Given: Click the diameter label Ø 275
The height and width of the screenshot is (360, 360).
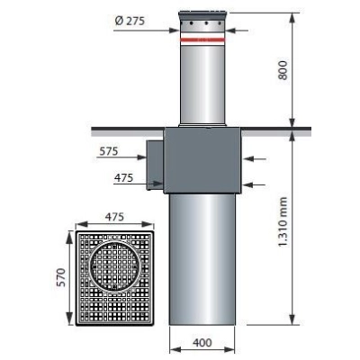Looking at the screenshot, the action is (x=130, y=21).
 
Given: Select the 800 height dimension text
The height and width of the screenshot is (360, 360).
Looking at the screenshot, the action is (x=283, y=70).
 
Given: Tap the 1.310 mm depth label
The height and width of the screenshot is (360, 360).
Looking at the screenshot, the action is (x=283, y=221).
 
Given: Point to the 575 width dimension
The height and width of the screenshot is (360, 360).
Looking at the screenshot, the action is (x=109, y=151).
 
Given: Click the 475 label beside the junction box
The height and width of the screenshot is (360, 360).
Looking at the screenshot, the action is (x=123, y=178).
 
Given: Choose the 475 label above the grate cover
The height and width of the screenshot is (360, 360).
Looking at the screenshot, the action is (x=114, y=217).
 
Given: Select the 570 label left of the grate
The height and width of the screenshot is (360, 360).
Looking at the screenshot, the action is (x=61, y=277).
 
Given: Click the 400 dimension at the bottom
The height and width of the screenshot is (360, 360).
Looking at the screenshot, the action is (x=202, y=342).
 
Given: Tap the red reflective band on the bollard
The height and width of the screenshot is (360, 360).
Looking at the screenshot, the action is (x=202, y=40).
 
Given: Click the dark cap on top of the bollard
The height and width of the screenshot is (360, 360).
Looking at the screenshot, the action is (x=202, y=15).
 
